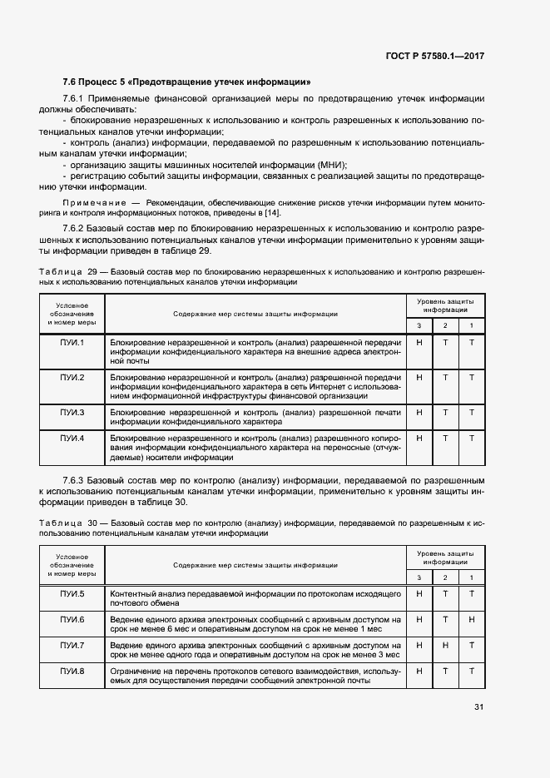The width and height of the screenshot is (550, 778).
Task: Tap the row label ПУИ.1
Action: point(72,342)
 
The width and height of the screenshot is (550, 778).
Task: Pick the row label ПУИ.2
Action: point(72,377)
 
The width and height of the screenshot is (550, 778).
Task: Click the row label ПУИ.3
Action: point(72,412)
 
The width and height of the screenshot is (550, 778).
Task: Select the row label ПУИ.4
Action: point(72,437)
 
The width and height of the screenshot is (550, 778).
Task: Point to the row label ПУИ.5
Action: point(72,593)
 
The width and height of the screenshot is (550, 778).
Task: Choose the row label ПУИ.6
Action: point(72,619)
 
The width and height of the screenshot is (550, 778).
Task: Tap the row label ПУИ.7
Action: point(72,645)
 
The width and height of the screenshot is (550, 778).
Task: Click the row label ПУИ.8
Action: point(72,671)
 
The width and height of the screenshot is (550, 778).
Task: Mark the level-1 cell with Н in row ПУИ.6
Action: point(471,619)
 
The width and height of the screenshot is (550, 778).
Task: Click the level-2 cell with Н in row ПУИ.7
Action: point(445,645)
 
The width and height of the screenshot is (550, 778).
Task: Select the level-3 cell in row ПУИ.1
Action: point(419,342)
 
